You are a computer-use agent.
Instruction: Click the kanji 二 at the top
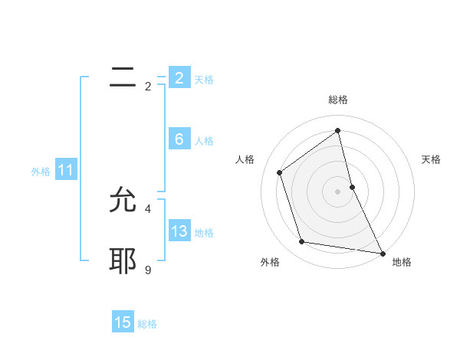click(123, 77)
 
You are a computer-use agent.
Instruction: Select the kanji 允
click(123, 201)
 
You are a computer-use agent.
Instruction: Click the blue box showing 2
click(179, 78)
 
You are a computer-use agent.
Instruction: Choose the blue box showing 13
click(179, 231)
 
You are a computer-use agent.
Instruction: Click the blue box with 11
click(65, 170)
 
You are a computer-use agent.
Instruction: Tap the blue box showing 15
click(123, 322)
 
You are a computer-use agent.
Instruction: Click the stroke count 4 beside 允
click(148, 208)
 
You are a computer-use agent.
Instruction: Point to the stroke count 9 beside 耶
click(148, 270)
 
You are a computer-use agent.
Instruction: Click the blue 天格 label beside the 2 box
click(204, 79)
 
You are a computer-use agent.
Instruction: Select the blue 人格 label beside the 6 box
click(204, 140)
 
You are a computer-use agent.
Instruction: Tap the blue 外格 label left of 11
click(41, 172)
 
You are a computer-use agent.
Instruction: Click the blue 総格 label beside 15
click(147, 323)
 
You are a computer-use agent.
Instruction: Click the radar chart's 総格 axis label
click(338, 100)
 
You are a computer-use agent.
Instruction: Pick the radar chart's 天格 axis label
click(431, 159)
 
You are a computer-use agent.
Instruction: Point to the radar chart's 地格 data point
click(382, 252)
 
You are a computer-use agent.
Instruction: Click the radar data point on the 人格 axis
click(280, 172)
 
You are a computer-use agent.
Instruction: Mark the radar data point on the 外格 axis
click(302, 242)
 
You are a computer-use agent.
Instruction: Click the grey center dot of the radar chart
click(338, 191)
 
